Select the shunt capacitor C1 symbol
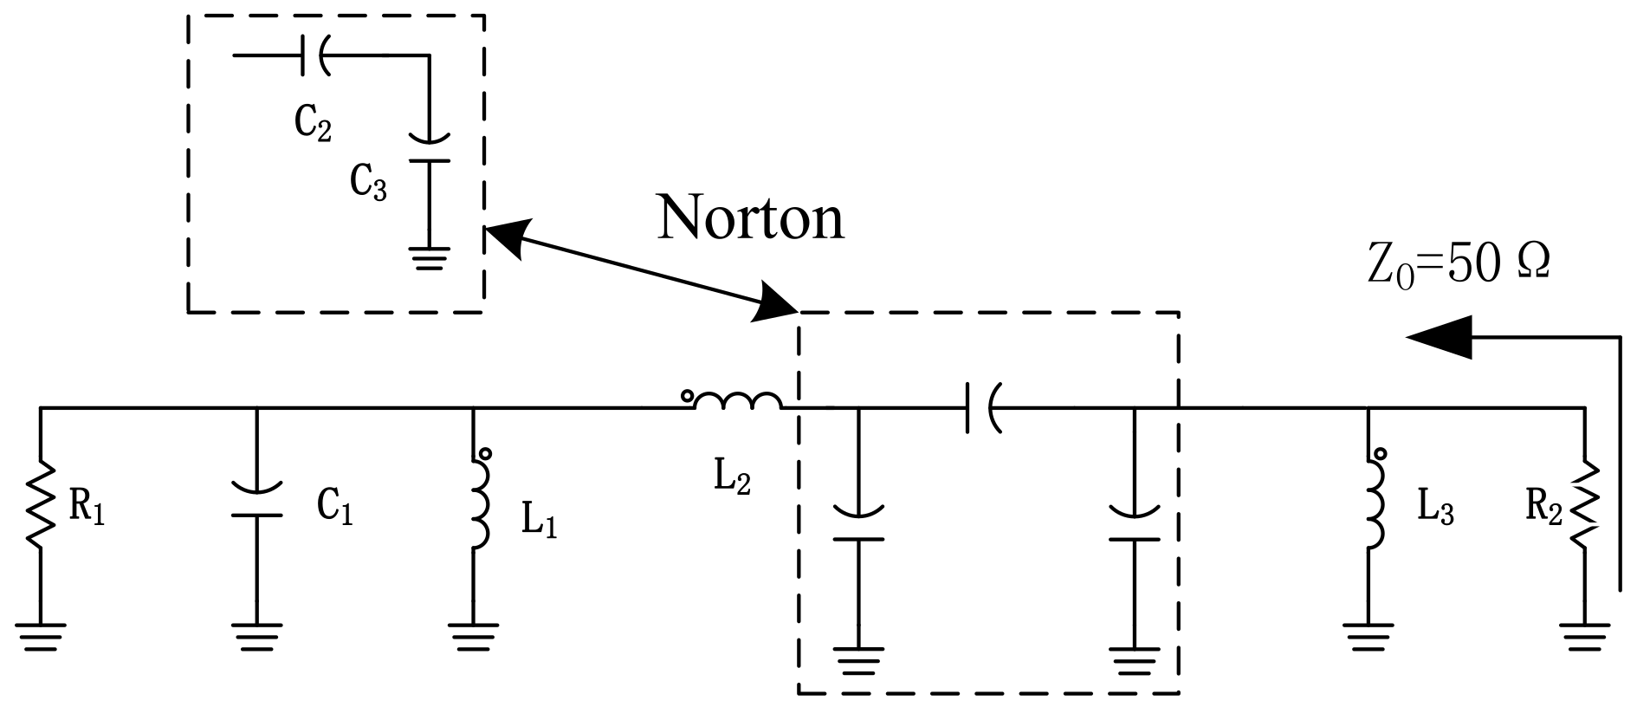256,503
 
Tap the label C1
334,509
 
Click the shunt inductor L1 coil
478,504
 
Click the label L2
732,479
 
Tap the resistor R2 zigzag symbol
1585,504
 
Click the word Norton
750,217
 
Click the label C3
368,182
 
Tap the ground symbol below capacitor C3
429,258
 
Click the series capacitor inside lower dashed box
981,407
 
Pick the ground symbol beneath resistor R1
40,637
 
